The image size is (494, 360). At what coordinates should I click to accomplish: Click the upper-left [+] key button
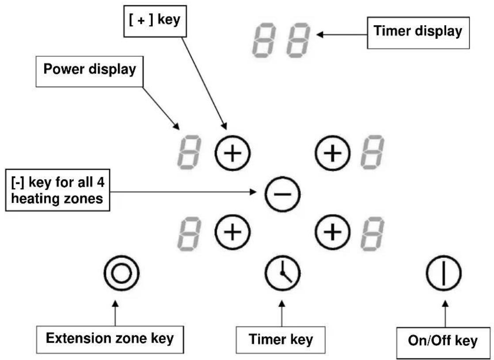[232, 153]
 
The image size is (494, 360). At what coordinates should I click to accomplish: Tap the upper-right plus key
[333, 153]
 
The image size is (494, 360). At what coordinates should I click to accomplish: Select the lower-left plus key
[232, 232]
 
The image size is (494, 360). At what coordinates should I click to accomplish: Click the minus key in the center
[283, 194]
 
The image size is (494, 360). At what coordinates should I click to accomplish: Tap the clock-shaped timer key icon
[283, 273]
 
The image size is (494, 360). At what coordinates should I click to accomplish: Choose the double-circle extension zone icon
[122, 273]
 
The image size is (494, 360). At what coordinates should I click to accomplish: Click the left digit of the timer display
[264, 40]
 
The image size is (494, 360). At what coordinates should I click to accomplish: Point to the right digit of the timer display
[298, 40]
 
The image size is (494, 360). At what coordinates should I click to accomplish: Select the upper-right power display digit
[372, 153]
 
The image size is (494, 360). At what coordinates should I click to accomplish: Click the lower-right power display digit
[372, 234]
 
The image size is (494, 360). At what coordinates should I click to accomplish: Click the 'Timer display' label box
[418, 33]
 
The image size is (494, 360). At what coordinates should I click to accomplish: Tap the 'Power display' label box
[90, 72]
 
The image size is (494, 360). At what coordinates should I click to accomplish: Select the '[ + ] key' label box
[155, 21]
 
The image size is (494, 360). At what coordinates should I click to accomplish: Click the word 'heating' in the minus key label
[33, 199]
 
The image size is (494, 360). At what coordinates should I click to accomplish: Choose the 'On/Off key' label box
[443, 343]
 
